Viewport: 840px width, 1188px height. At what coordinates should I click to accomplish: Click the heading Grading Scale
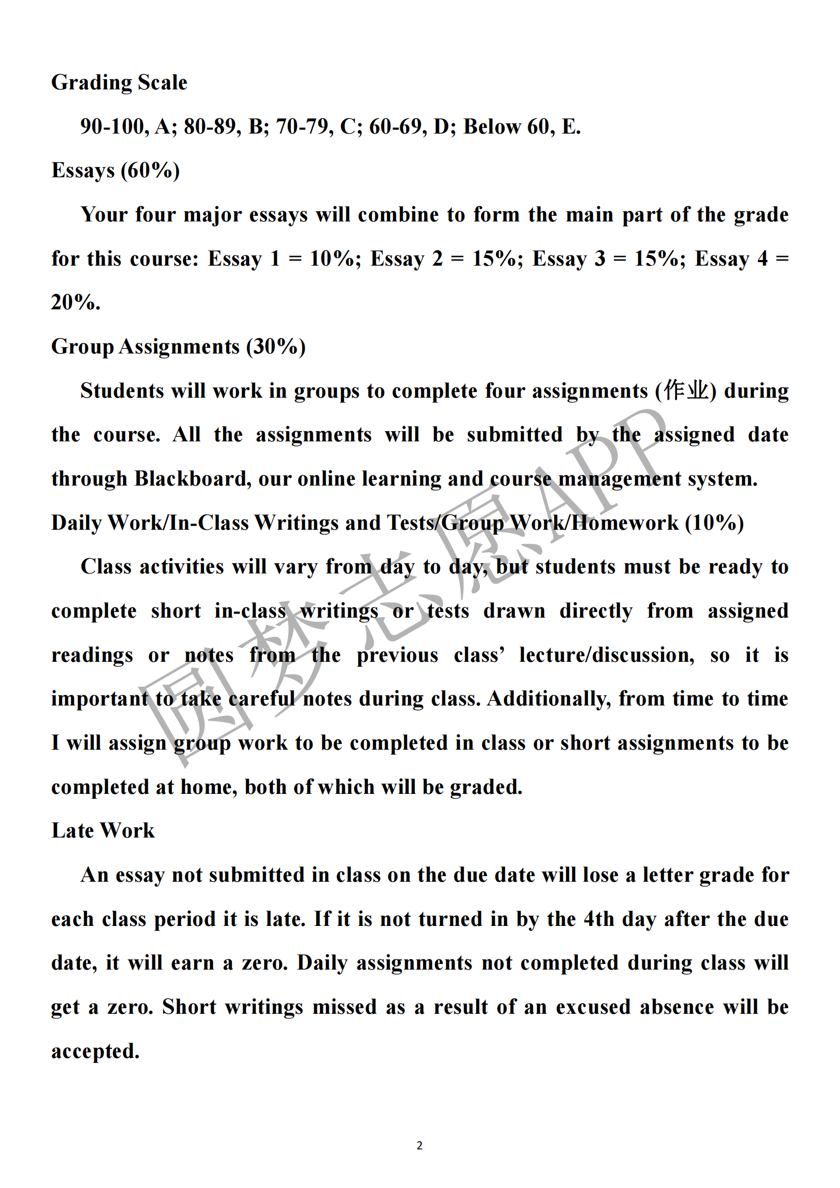pos(119,83)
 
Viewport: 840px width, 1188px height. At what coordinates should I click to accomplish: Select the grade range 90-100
pos(112,127)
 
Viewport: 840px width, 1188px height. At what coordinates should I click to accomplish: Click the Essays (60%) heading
pos(115,171)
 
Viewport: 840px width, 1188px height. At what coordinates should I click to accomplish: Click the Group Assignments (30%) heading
pos(178,347)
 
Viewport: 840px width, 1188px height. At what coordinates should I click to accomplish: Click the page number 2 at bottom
pos(419,1145)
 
